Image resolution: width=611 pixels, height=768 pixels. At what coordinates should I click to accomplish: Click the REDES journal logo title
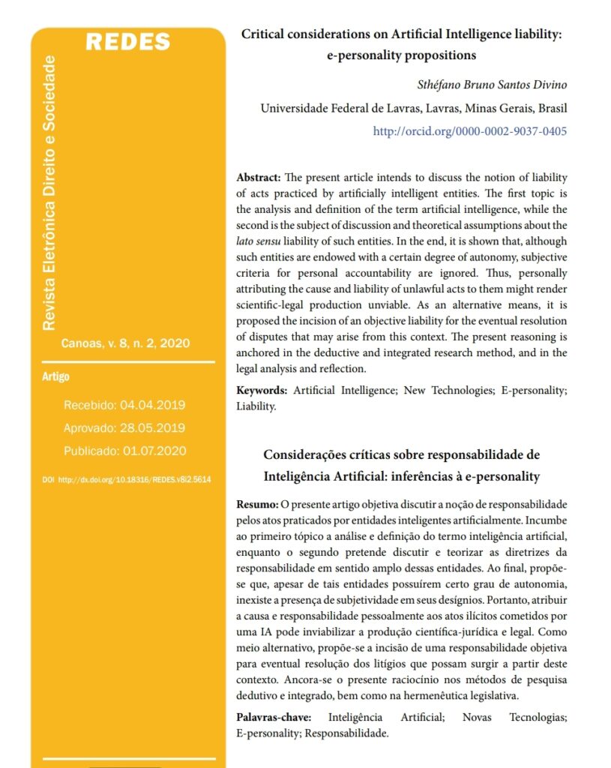click(x=128, y=42)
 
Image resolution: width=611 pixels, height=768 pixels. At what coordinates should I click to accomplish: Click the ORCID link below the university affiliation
click(x=470, y=131)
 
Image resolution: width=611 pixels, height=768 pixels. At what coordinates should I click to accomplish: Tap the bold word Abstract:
click(x=259, y=178)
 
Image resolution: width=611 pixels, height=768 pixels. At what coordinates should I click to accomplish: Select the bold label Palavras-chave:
click(x=274, y=717)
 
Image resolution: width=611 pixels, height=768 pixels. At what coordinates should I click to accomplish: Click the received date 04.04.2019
click(x=152, y=405)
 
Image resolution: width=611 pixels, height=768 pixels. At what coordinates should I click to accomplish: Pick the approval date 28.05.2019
click(x=152, y=428)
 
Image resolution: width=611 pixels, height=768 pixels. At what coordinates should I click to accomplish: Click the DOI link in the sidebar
click(x=127, y=479)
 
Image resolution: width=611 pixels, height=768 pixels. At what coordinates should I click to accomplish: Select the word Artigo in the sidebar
click(x=55, y=376)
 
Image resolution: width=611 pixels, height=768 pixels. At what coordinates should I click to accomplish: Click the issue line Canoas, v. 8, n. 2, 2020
click(x=125, y=343)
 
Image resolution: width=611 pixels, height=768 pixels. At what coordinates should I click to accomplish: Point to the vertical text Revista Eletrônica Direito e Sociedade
click(x=49, y=193)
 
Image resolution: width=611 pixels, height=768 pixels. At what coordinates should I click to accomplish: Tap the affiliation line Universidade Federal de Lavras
click(x=413, y=108)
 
